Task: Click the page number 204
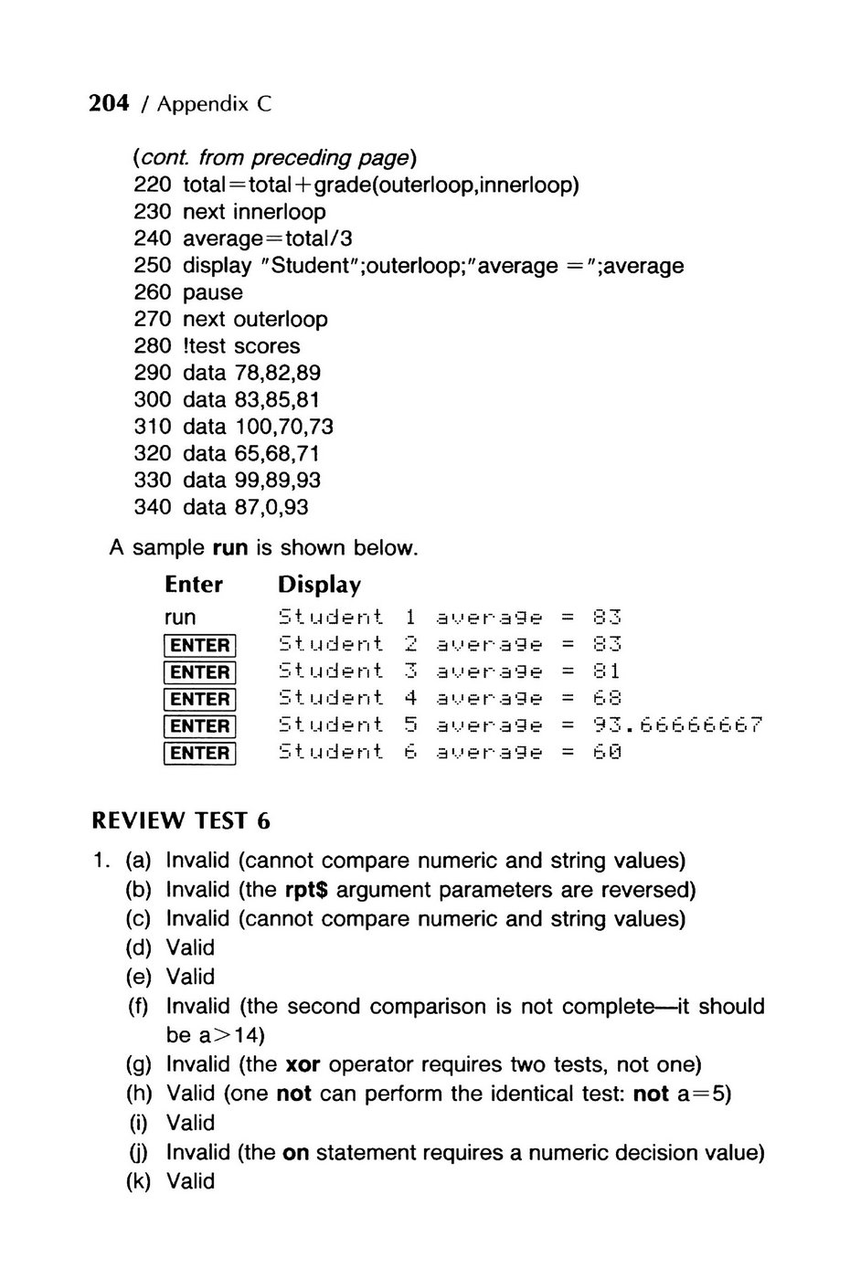coord(109,103)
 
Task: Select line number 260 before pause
coord(152,292)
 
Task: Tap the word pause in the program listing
coord(213,293)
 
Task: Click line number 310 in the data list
coord(152,427)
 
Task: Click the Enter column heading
coord(194,585)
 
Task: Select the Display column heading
coord(319,585)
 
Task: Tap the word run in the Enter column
coord(180,618)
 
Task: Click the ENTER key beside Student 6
coord(200,753)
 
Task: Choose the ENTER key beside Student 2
coord(200,646)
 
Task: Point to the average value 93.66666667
coord(677,725)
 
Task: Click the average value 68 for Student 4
coord(608,699)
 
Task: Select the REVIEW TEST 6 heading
coord(181,820)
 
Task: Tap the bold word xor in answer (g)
coord(303,1064)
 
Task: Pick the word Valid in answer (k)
coord(190,1181)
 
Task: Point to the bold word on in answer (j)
coord(295,1152)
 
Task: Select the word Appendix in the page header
coord(203,104)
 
